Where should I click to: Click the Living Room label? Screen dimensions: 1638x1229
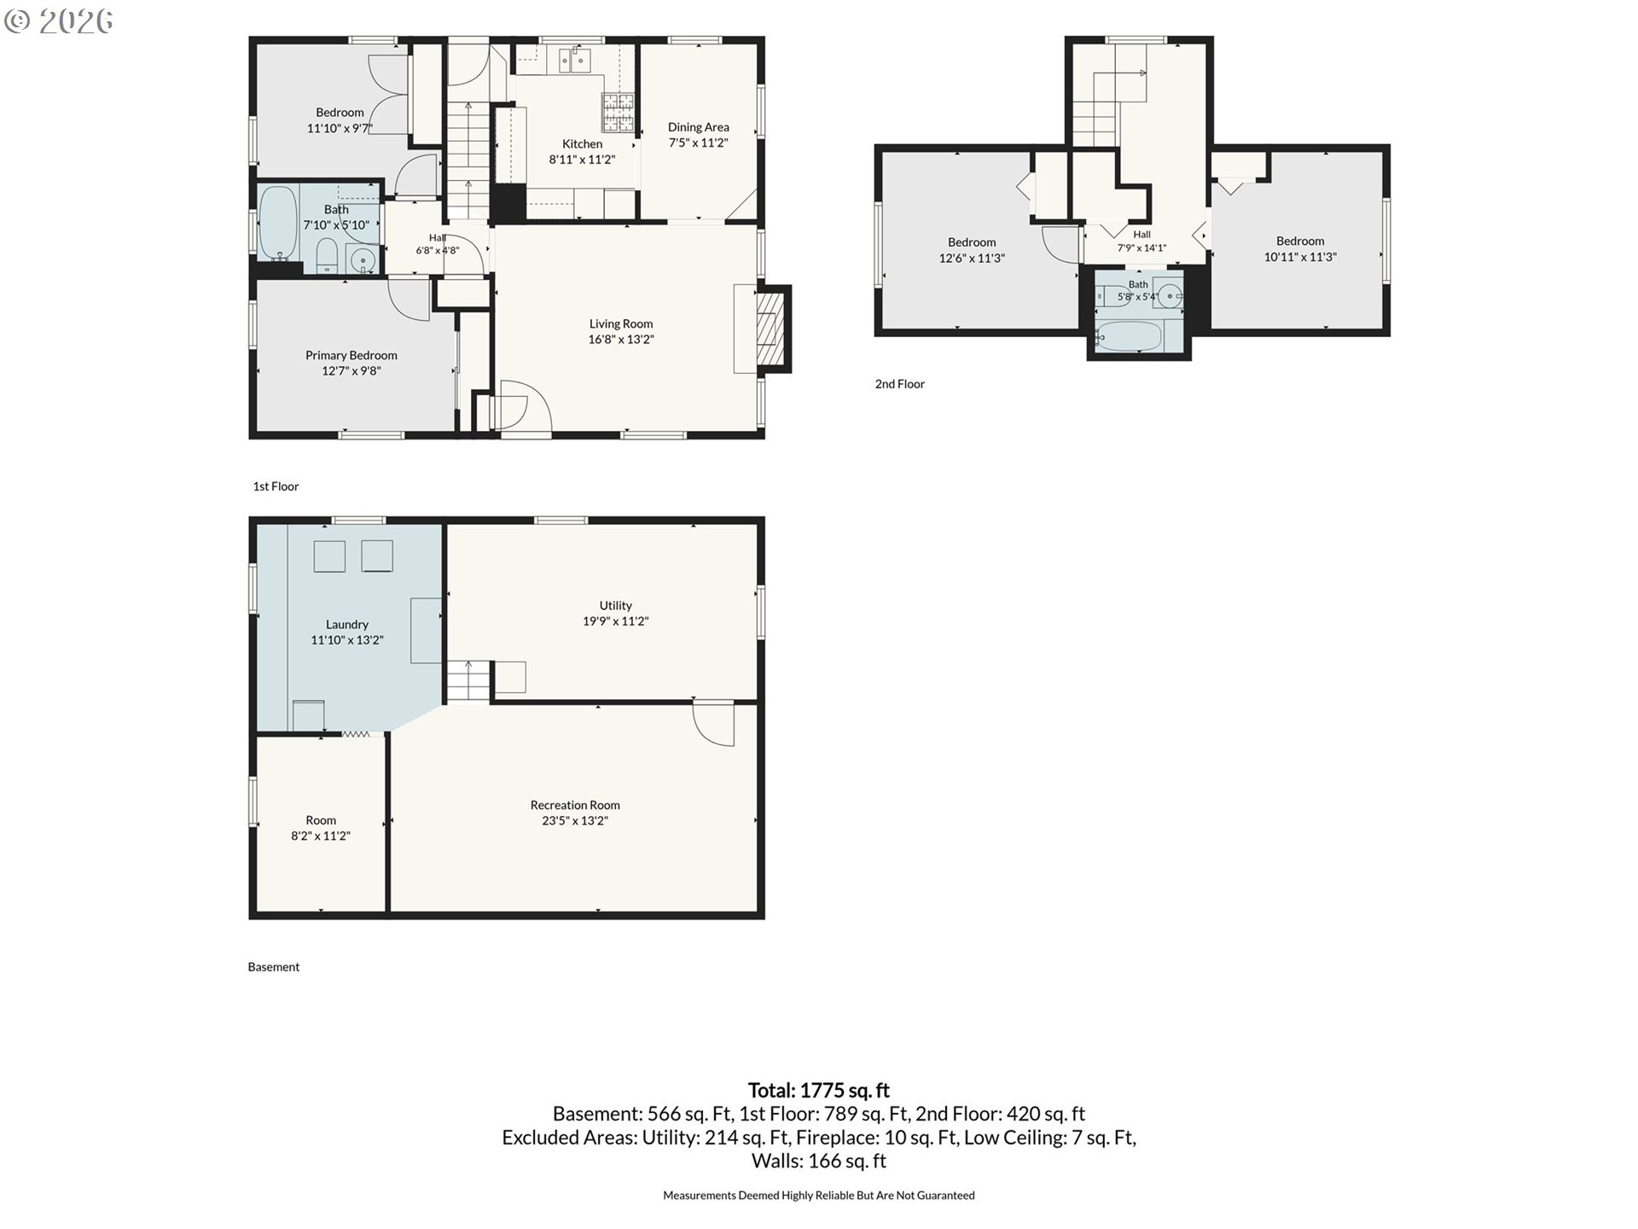(x=621, y=323)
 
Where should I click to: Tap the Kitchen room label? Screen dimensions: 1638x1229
(x=582, y=143)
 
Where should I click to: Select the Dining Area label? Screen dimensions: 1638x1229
(x=698, y=127)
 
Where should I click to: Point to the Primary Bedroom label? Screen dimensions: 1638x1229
(x=351, y=355)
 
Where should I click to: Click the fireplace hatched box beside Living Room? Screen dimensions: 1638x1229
(x=771, y=329)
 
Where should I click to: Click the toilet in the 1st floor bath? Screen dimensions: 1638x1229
(x=327, y=256)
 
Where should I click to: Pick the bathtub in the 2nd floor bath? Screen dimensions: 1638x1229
(x=1130, y=336)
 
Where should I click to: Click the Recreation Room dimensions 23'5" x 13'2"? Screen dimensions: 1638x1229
(x=575, y=821)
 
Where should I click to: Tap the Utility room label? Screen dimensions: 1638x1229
(x=616, y=605)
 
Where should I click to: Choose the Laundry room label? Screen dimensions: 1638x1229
(x=347, y=624)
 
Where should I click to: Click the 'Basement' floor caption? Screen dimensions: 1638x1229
(x=274, y=967)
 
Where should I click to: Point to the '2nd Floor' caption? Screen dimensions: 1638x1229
(x=900, y=384)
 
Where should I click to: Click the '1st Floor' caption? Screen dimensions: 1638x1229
(x=276, y=486)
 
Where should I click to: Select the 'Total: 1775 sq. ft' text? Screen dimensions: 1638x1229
(x=819, y=1090)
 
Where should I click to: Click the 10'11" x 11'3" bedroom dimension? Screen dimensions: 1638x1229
(x=1300, y=257)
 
